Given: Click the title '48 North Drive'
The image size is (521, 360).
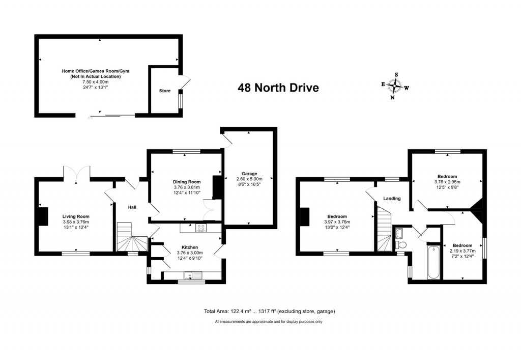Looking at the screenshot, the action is point(278,88).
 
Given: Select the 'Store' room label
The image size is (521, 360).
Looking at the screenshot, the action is point(165,91).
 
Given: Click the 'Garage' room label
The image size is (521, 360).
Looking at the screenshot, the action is point(249,174).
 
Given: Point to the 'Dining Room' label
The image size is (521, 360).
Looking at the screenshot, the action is point(187,182).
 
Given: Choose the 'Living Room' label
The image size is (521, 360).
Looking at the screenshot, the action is point(76,217).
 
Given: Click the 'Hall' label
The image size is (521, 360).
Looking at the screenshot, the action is point(132,207).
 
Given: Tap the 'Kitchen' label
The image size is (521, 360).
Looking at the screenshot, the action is point(190,247).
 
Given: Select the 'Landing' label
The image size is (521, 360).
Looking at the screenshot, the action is point(392,199).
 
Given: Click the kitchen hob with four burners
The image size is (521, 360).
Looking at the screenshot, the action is point(201,228).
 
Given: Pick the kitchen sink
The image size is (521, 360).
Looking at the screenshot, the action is point(193,275).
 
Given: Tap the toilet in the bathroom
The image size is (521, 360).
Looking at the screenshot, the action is point(401,245).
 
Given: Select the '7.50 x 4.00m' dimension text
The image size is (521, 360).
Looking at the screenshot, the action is point(95,82).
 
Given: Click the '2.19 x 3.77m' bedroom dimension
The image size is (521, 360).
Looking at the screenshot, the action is point(462,251).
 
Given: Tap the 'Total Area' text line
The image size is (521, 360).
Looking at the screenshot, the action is point(270,312).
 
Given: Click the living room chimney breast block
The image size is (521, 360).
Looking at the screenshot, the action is point(44,217).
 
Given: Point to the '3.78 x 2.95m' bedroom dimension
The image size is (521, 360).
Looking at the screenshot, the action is point(447,182).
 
